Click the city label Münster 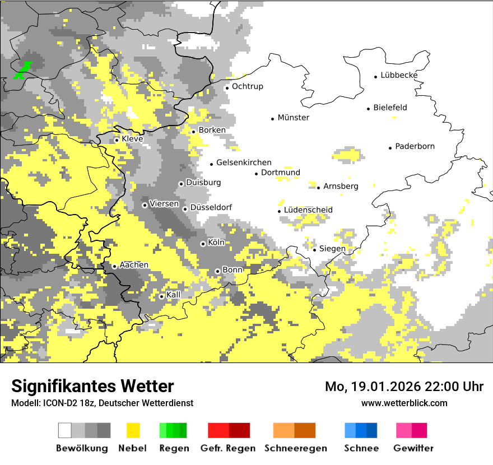click(x=294, y=118)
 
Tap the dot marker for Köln click(x=203, y=244)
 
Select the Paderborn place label click(x=415, y=146)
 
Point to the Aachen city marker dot click(x=114, y=266)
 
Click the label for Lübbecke click(x=399, y=75)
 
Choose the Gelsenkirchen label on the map click(x=244, y=162)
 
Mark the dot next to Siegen click(x=314, y=249)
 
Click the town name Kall click(x=174, y=295)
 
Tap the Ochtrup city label click(x=247, y=86)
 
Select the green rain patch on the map click(x=22, y=70)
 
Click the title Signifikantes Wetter click(x=92, y=386)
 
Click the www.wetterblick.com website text click(x=404, y=403)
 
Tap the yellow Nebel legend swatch click(x=132, y=430)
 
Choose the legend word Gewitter click(x=413, y=448)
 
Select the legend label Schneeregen click(x=295, y=448)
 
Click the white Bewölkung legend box click(x=65, y=430)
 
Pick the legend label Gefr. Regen click(x=228, y=448)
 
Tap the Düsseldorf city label click(x=211, y=207)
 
